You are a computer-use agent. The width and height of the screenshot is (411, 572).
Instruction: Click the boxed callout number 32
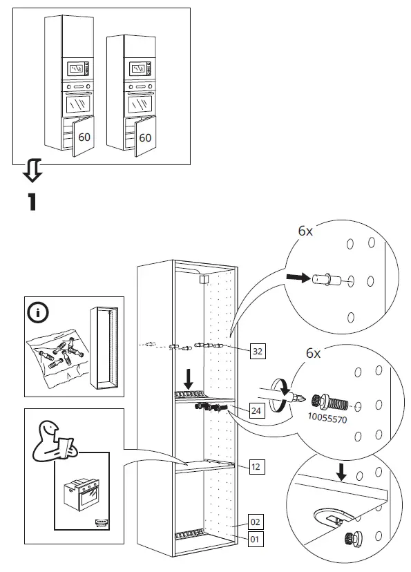258,352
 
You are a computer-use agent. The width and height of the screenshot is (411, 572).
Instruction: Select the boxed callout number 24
256,411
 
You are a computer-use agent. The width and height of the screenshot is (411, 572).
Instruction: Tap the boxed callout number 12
256,467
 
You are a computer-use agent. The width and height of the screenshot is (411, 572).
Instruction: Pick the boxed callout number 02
256,522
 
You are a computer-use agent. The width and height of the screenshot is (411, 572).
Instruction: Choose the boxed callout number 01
255,539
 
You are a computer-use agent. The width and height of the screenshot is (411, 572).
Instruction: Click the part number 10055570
327,419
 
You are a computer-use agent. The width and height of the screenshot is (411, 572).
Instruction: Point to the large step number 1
32,202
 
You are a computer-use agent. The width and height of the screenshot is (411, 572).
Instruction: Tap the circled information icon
38,314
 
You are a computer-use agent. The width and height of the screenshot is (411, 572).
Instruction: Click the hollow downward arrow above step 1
32,171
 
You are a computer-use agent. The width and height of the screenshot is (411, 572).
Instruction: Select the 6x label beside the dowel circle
305,231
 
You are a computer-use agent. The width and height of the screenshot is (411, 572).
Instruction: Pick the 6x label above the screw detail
314,353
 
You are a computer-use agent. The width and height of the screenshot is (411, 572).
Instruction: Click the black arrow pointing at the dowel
298,278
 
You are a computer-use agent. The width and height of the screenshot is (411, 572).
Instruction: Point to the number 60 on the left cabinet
84,137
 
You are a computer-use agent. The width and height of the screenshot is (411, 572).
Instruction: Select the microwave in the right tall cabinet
140,68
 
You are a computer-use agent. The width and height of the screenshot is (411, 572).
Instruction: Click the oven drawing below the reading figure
82,495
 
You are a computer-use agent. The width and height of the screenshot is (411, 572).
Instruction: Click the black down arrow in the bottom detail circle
341,471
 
